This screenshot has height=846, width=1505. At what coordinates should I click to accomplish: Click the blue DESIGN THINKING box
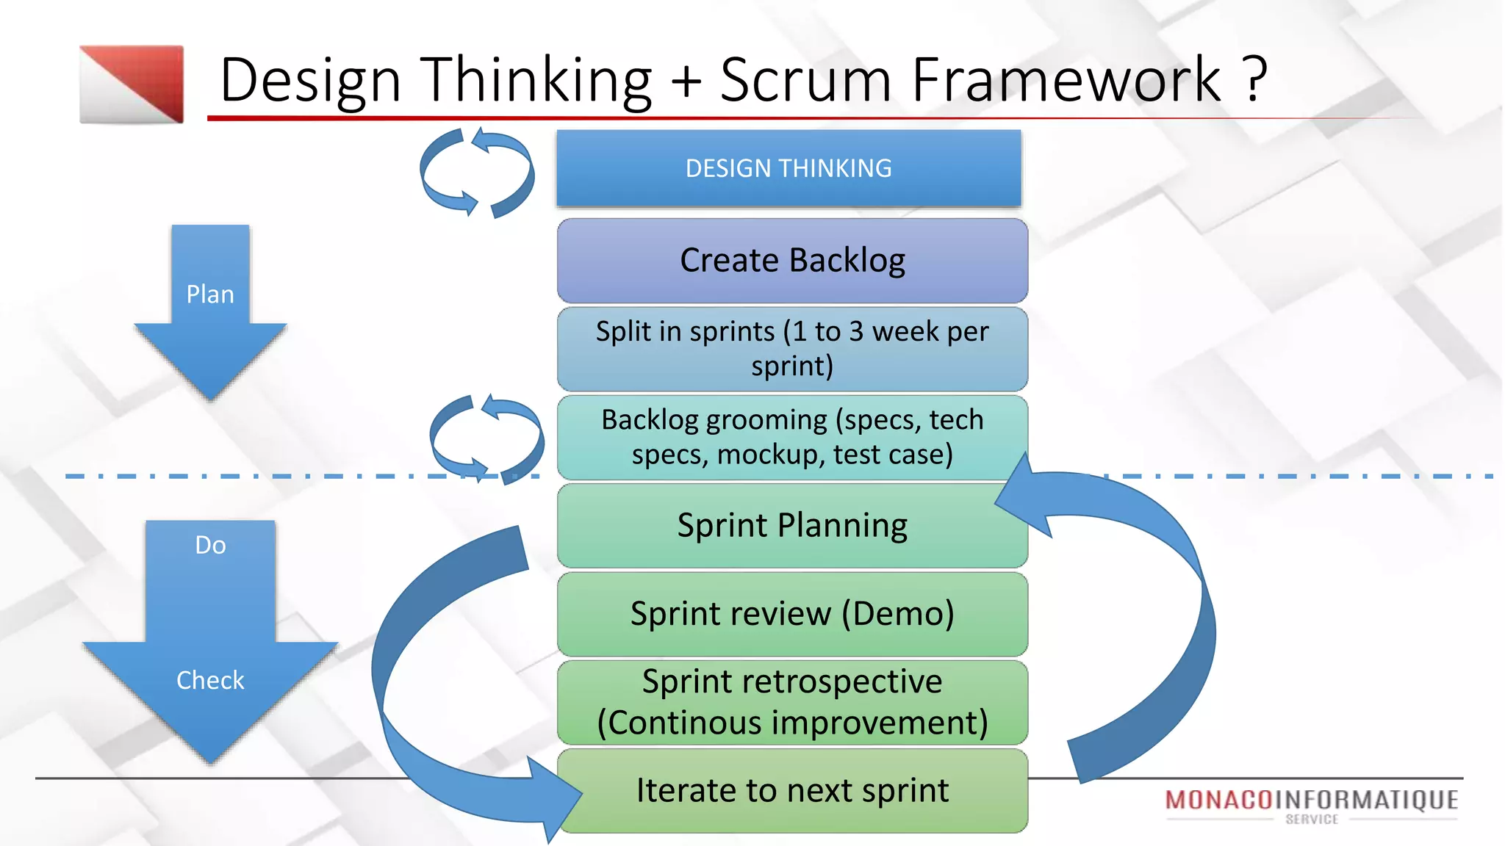[x=789, y=168]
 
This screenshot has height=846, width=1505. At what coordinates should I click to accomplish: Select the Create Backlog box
[x=792, y=261]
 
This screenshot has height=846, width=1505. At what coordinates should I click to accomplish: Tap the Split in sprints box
[x=792, y=349]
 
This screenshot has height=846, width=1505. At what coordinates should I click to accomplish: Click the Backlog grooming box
[x=792, y=437]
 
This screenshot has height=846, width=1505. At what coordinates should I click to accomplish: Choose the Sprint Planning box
[x=792, y=525]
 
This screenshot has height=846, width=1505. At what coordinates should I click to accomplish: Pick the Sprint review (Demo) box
[x=792, y=614]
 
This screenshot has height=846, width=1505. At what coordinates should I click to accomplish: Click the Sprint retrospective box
[x=792, y=702]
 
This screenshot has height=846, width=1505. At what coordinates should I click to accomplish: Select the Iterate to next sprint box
[x=792, y=791]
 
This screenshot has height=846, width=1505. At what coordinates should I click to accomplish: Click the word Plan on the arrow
[x=210, y=294]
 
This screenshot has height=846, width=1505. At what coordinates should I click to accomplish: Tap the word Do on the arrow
[x=210, y=545]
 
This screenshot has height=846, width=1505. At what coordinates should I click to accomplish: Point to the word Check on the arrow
[x=210, y=680]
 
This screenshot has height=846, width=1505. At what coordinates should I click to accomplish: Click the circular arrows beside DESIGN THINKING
[x=477, y=173]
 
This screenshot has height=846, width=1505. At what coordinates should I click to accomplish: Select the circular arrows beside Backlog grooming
[x=486, y=438]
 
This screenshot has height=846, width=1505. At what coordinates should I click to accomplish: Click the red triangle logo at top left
[x=132, y=84]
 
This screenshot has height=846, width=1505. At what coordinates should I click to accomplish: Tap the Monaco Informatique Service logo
[x=1312, y=805]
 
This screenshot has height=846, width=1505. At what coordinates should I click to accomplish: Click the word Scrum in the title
[x=805, y=79]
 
